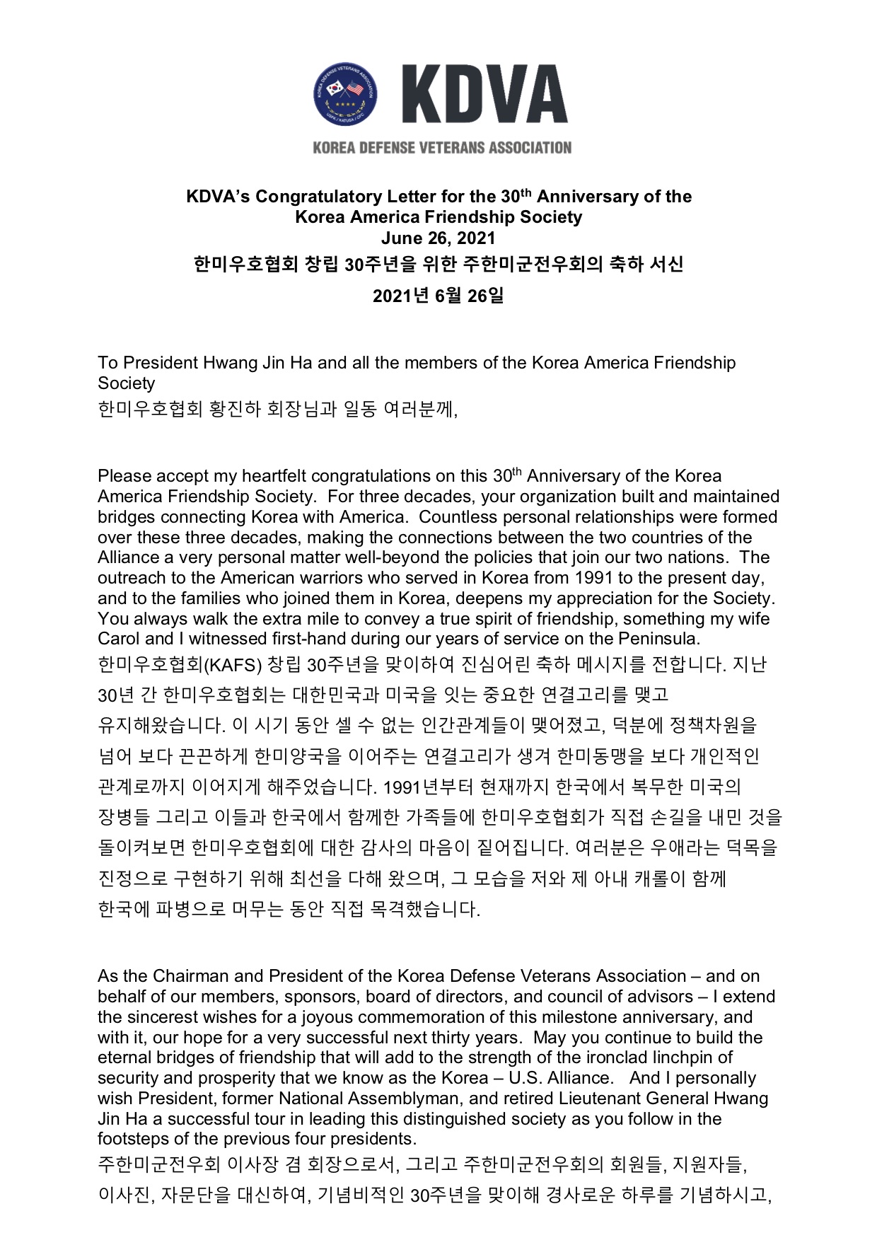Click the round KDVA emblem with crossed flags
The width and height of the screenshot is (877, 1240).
345,93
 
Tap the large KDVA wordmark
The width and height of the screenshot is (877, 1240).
485,94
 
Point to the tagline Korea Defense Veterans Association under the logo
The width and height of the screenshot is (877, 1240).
442,148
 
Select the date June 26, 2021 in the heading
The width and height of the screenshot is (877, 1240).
438,238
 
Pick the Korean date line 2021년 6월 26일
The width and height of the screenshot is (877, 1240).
438,295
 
